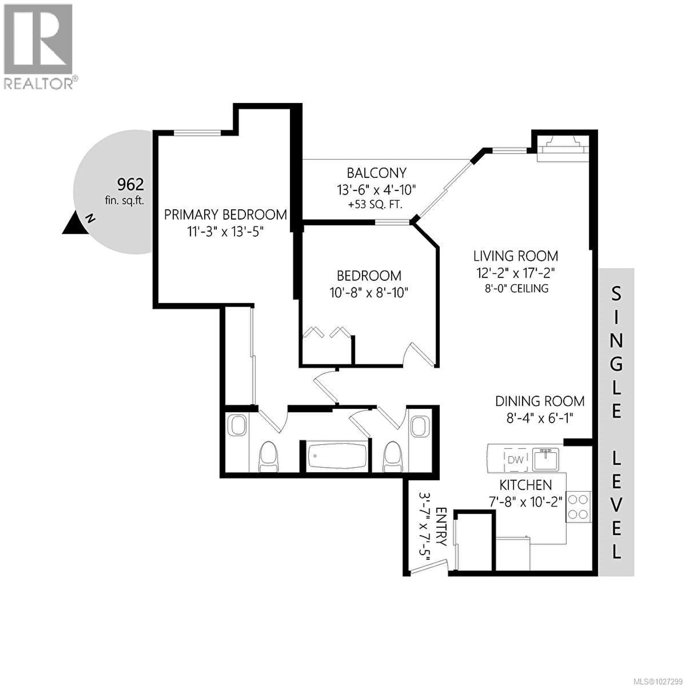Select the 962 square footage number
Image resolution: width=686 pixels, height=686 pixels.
(130, 184)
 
